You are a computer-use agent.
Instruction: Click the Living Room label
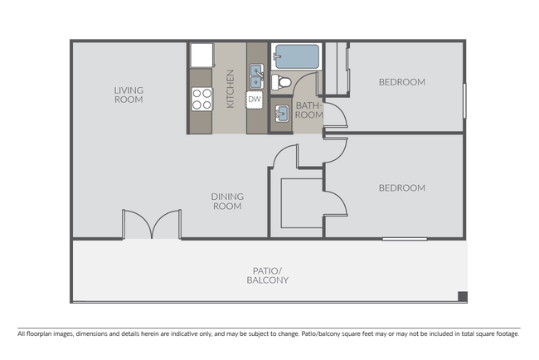(x=129, y=95)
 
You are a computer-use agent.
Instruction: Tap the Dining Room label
(x=227, y=201)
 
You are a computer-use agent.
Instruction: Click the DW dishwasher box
(x=255, y=100)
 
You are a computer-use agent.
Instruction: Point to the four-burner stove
(x=202, y=99)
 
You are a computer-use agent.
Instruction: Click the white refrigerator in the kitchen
(x=202, y=56)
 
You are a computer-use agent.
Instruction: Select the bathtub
(x=298, y=56)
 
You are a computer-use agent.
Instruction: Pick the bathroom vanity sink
(x=282, y=114)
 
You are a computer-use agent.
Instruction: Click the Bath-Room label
(x=308, y=109)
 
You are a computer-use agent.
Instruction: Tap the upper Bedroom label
(x=401, y=82)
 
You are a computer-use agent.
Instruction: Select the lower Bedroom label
(x=401, y=187)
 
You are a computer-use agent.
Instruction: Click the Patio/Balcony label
(x=267, y=275)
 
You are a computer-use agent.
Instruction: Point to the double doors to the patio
(x=151, y=224)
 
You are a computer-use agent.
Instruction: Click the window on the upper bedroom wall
(x=465, y=100)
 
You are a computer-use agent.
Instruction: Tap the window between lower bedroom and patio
(x=405, y=239)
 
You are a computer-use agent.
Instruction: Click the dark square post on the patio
(x=464, y=297)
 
